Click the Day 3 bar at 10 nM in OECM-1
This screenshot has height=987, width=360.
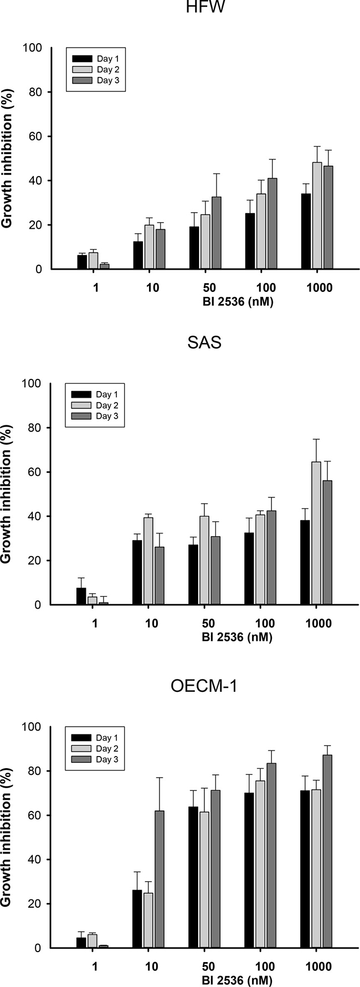160,880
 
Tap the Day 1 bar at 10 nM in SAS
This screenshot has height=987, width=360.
137,573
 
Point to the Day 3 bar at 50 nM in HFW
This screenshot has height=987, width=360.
216,233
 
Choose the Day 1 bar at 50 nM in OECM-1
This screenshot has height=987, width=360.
193,877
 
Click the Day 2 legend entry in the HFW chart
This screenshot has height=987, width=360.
95,69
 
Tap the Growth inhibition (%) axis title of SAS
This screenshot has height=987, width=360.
7,495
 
